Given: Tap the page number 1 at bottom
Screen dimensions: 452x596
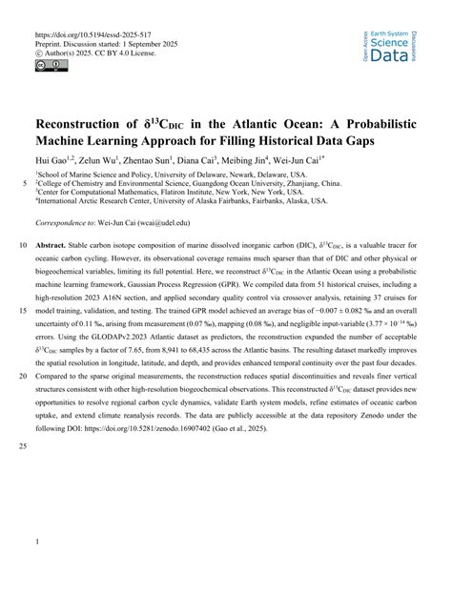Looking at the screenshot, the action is coord(36,543).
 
